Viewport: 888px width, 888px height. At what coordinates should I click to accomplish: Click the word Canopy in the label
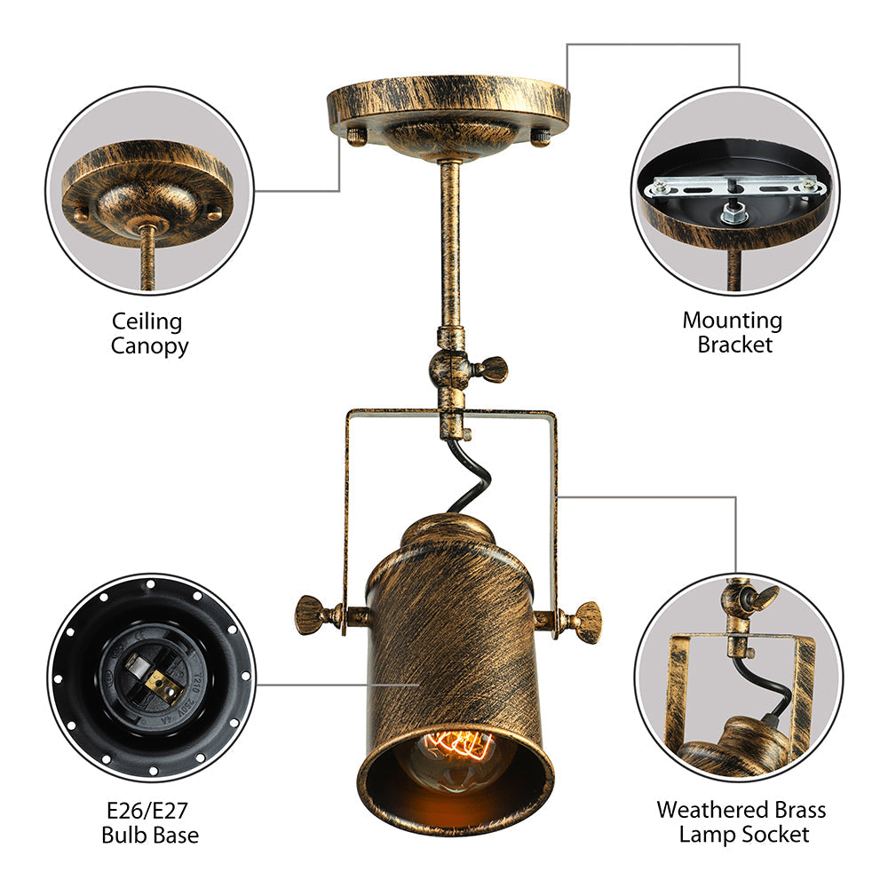pyautogui.click(x=149, y=345)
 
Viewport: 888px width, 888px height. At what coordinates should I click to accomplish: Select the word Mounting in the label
pyautogui.click(x=732, y=321)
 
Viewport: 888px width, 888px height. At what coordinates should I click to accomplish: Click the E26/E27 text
pyautogui.click(x=149, y=810)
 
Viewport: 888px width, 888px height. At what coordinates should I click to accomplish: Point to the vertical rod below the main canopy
pyautogui.click(x=450, y=240)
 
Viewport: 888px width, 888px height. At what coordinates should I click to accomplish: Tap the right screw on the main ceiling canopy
pyautogui.click(x=538, y=135)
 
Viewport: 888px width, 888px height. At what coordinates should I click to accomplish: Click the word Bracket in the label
pyautogui.click(x=734, y=345)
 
